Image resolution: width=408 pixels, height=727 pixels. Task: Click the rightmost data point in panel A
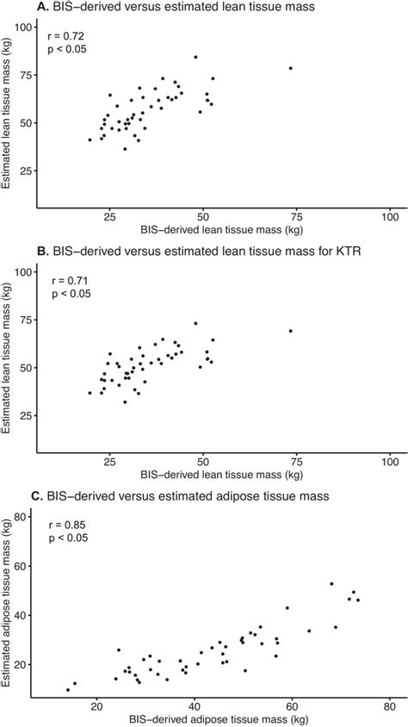click(291, 68)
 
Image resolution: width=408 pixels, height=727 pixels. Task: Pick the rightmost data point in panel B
click(291, 331)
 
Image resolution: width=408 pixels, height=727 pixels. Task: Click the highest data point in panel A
click(195, 57)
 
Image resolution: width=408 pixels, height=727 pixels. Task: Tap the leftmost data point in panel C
click(68, 689)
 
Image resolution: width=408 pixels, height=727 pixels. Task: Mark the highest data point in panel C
click(331, 584)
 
